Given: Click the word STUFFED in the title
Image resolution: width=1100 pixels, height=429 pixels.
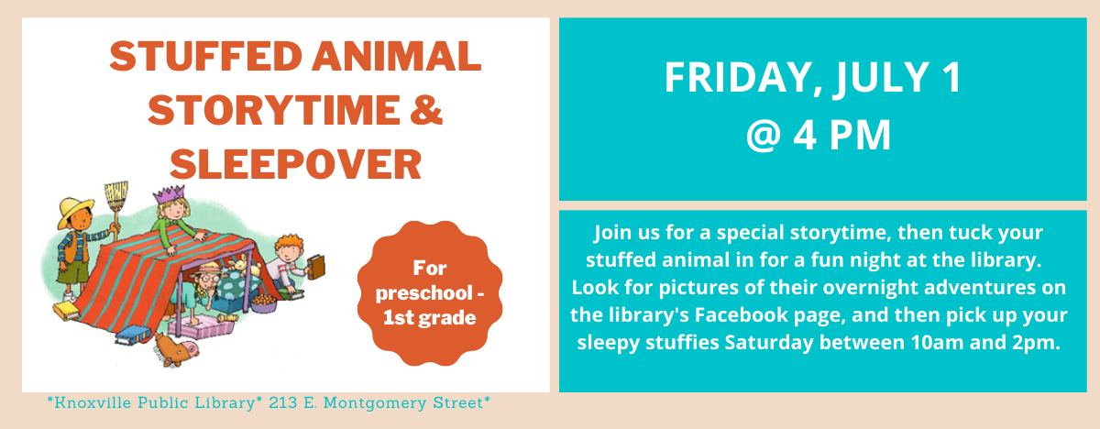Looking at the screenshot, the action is pos(205,57).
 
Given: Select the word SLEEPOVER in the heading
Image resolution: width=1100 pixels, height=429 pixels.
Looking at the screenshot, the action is pos(295,164).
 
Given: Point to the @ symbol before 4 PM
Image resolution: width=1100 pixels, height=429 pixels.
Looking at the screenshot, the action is pos(764,135).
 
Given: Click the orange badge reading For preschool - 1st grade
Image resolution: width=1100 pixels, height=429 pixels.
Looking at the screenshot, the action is pos(430,293).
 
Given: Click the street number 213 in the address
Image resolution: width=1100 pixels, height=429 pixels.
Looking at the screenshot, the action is pos(283,403).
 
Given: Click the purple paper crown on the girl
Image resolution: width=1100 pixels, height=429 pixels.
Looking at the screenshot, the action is pos(170,194).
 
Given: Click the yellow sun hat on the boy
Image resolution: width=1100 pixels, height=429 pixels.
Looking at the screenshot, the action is pos(75,210).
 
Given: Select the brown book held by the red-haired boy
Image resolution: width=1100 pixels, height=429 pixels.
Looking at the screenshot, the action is pos(315,267).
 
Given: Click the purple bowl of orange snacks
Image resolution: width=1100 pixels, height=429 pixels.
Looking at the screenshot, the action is pos(264,302).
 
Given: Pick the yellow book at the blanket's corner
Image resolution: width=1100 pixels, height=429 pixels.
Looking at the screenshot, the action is pos(66,311).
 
